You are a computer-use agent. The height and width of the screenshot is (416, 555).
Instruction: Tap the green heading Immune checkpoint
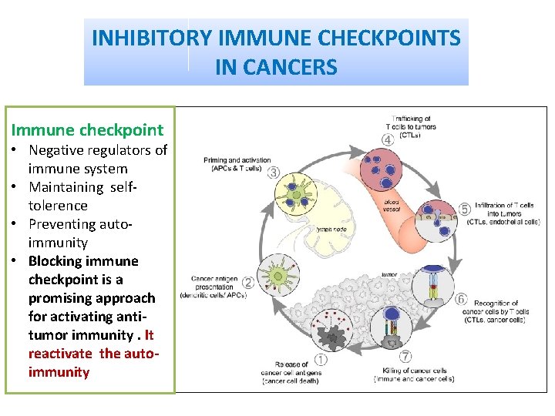click(x=87, y=130)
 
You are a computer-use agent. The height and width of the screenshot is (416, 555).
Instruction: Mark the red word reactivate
click(x=60, y=354)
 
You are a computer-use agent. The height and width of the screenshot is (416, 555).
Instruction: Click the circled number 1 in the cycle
click(x=321, y=359)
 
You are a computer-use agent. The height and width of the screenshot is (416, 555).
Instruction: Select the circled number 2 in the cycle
click(x=248, y=283)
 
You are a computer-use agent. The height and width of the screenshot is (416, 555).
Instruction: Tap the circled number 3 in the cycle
click(x=274, y=171)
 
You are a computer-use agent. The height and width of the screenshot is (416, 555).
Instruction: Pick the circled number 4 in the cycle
click(x=388, y=139)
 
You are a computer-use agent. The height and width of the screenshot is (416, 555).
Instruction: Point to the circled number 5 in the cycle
click(x=464, y=209)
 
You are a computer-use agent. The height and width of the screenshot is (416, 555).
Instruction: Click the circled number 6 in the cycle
click(x=461, y=298)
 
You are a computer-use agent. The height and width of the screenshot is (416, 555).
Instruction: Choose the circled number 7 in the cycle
click(x=405, y=357)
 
